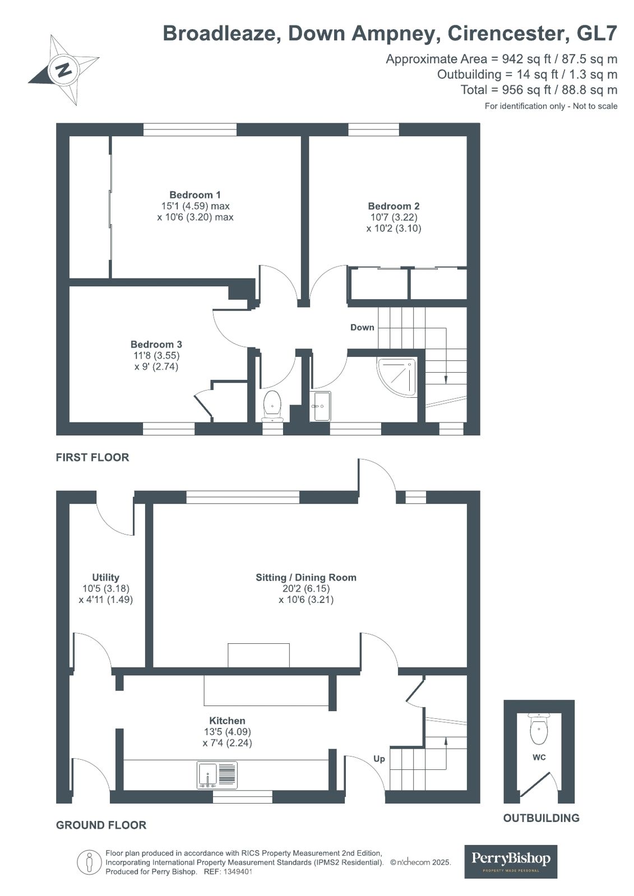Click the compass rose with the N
64,69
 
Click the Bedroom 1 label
195,195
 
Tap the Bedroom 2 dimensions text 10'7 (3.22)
393,217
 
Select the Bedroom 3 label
156,345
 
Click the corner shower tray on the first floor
397,376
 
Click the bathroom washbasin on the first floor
322,405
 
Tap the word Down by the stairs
362,327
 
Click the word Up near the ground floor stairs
379,759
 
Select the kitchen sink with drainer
217,775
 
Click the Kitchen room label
227,721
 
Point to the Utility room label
105,577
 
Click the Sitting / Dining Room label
306,577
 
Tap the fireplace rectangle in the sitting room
258,655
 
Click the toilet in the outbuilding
539,727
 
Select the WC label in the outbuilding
539,757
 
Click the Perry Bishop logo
511,861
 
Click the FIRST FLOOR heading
92,457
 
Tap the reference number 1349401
238,872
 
